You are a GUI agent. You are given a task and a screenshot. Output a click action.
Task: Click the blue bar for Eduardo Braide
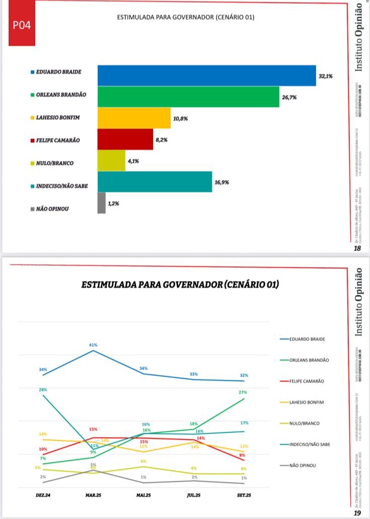206,75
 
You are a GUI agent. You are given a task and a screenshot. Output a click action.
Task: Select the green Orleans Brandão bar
188,96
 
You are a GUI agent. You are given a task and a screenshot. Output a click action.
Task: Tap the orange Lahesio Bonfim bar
134,118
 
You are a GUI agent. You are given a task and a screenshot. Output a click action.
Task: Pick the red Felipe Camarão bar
125,139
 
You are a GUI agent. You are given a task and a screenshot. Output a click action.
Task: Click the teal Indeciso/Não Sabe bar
155,182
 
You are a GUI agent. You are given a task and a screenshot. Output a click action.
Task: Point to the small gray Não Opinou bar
101,203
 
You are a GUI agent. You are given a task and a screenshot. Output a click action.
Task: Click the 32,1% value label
326,76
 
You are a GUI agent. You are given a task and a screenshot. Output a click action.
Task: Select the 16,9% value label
221,182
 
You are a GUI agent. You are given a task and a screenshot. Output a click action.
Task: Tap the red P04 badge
21,25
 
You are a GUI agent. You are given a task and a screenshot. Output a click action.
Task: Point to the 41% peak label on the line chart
93,345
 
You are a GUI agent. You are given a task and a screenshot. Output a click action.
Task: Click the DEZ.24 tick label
44,495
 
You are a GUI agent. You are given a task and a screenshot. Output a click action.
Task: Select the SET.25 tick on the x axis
244,495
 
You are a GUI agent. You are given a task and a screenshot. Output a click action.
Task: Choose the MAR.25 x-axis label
94,495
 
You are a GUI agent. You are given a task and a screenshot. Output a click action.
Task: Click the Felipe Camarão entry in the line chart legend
307,381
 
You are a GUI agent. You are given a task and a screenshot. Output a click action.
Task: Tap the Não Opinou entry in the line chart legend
303,465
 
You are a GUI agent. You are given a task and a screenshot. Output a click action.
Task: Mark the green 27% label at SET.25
244,392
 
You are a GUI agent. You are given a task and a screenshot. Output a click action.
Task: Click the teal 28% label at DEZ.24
43,389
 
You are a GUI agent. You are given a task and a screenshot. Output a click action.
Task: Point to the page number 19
358,513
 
